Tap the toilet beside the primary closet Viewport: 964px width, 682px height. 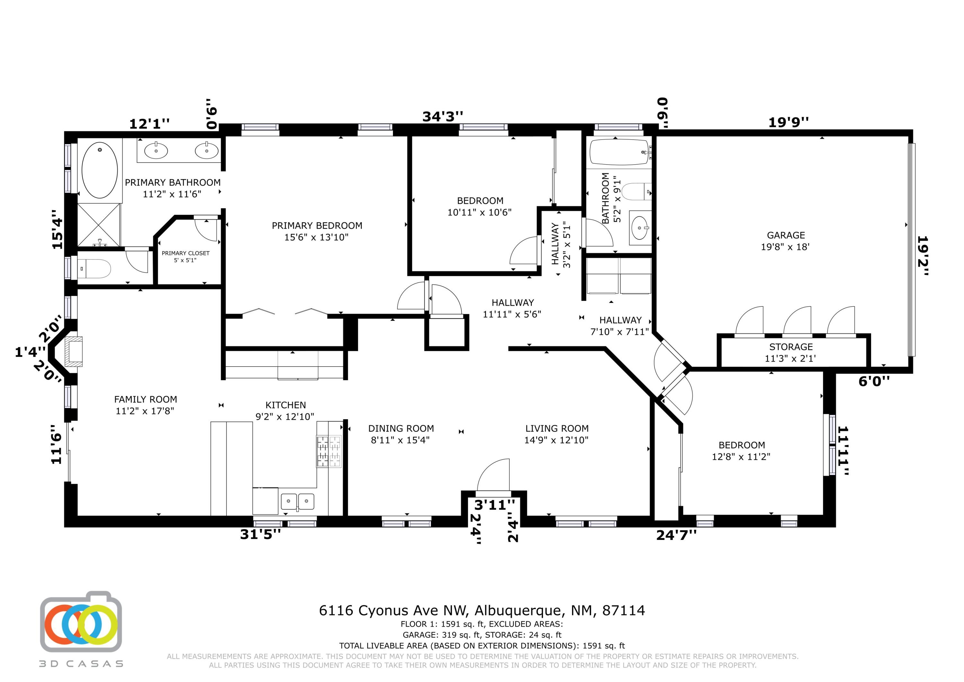tap(94, 268)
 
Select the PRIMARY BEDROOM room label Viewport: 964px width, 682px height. tap(317, 226)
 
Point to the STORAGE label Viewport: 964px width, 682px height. tap(790, 347)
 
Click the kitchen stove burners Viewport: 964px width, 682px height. tap(329, 451)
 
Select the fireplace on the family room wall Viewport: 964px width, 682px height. tap(72, 350)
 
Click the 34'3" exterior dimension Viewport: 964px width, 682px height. tap(442, 116)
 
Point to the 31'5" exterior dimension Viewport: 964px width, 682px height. tap(260, 534)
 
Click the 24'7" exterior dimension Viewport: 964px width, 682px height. tap(676, 535)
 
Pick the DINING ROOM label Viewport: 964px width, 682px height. tap(401, 429)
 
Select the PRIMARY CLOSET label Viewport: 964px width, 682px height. tap(186, 253)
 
